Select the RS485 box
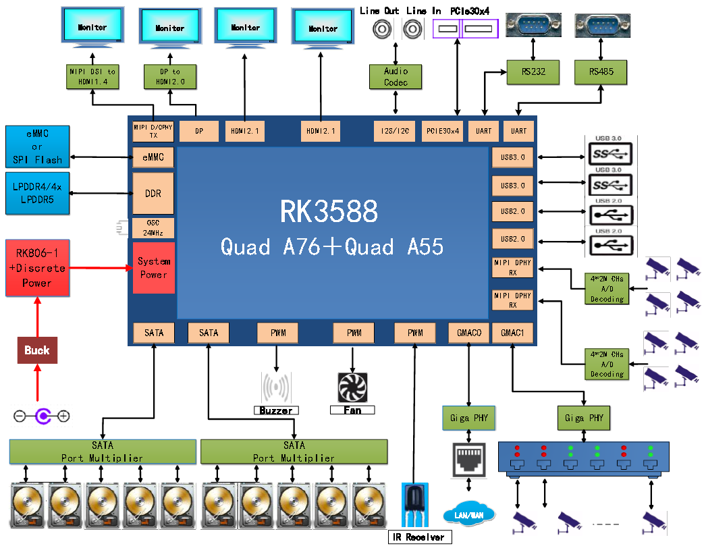click(601, 72)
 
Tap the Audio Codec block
click(396, 76)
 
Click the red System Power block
click(154, 268)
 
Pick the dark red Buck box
click(37, 350)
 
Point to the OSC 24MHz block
click(153, 228)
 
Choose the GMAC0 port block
click(468, 333)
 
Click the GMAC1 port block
click(513, 333)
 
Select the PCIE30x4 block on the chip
click(443, 131)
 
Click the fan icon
click(352, 388)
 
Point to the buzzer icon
click(276, 388)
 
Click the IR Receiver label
click(419, 537)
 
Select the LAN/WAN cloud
click(468, 515)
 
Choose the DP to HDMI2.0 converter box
click(170, 76)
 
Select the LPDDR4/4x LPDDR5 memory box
click(37, 194)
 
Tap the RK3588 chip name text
click(329, 212)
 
